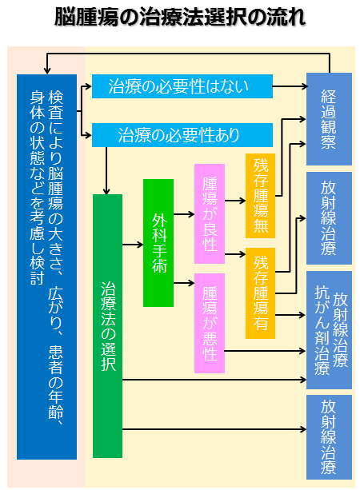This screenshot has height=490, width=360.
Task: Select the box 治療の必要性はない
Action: point(182,86)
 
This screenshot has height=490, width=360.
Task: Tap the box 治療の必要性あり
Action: point(182,135)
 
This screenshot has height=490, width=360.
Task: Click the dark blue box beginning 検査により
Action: point(46,266)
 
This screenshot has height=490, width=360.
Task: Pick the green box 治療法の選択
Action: point(107,326)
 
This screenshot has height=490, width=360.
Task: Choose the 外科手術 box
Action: point(158,243)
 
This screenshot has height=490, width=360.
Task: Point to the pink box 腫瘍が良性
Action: point(210,213)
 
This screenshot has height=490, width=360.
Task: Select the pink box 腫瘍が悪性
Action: point(210,323)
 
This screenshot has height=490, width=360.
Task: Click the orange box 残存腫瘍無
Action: point(260,196)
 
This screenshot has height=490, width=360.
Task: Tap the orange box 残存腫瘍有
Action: point(260,293)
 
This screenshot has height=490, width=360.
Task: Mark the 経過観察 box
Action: point(329,119)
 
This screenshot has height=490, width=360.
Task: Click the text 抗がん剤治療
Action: point(322,330)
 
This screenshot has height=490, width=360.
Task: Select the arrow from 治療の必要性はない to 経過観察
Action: point(290,86)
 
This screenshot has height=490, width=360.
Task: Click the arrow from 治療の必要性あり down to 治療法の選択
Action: point(106,170)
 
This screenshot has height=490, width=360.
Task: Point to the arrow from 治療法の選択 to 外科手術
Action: point(133,245)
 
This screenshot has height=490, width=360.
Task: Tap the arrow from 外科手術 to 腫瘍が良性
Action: point(184,214)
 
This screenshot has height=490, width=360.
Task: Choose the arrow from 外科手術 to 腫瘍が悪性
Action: point(184,283)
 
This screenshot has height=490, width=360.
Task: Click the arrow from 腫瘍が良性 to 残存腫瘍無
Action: point(235,201)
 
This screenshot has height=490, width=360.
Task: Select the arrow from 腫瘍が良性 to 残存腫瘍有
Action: point(235,254)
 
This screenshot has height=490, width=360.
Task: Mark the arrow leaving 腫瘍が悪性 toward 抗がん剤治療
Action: point(265,351)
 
